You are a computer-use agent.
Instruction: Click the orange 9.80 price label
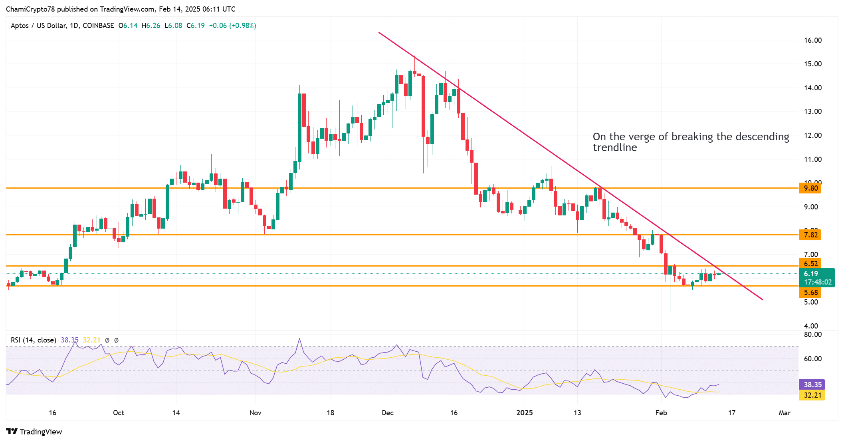[810, 188]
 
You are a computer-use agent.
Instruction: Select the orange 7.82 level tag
[810, 235]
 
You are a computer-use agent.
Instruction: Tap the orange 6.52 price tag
[810, 264]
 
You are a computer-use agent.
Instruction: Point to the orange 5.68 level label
[810, 293]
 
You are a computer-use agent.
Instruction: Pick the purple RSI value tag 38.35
[812, 385]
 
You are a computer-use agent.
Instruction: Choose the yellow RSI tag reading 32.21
[812, 395]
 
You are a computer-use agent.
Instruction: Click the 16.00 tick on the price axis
[812, 40]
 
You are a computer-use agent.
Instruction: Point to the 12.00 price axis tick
[812, 135]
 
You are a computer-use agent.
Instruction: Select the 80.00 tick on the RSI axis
[812, 334]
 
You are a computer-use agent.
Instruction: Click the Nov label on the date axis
[255, 413]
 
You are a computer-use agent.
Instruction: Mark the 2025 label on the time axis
[524, 413]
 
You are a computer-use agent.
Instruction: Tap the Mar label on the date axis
[784, 413]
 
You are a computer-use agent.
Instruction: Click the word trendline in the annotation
[614, 148]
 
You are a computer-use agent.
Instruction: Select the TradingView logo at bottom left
[34, 432]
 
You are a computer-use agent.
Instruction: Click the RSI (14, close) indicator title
[34, 340]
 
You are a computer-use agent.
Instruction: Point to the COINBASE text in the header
[98, 26]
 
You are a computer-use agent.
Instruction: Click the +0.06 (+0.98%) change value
[232, 26]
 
